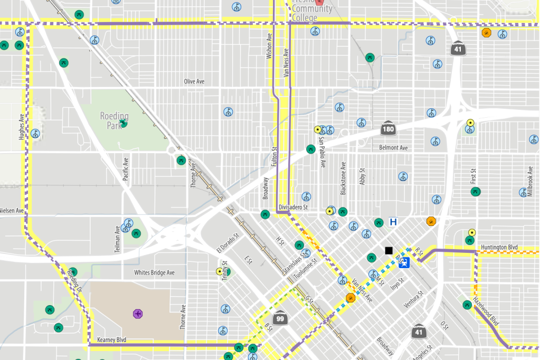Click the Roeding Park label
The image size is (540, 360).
click(114, 120)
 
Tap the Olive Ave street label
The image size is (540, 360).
click(194, 82)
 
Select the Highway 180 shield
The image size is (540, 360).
click(388, 128)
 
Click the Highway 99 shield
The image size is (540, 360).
click(280, 318)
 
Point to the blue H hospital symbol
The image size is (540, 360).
click(393, 222)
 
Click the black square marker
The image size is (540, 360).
click(389, 250)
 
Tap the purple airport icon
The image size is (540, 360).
click(138, 314)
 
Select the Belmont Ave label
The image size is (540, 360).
click(393, 148)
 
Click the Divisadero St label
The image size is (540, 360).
click(293, 207)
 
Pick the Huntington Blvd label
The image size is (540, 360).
click(499, 248)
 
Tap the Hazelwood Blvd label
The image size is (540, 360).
click(486, 311)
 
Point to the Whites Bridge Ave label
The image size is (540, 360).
click(154, 273)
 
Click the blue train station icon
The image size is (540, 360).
click(404, 263)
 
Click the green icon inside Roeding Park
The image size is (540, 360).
click(124, 124)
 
